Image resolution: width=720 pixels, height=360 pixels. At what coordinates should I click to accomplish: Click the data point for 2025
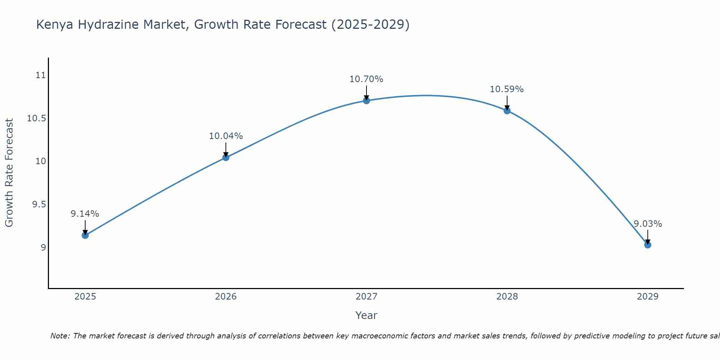pos(85,235)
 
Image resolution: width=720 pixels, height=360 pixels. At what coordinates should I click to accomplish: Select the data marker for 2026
pos(226,157)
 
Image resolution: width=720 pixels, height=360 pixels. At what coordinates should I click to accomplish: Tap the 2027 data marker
pos(366,100)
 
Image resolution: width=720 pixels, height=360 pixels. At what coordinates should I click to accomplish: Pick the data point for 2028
pos(507,111)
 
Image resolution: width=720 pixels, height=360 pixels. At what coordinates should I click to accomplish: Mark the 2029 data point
pos(648,245)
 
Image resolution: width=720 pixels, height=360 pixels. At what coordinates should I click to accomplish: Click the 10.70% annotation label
pos(366,79)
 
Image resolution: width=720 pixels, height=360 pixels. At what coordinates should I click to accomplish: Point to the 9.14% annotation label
pos(85,214)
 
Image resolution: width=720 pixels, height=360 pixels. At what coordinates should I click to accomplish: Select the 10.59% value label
pos(507,89)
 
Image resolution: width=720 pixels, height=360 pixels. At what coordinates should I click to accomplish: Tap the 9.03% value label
pos(648,224)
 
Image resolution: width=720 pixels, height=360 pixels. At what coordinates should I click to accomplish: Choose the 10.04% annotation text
pos(226,136)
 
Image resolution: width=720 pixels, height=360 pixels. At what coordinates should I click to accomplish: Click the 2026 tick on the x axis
pos(226,297)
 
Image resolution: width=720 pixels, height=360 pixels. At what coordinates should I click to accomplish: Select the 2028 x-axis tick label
pos(507,297)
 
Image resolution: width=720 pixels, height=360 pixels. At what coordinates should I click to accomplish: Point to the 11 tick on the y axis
pos(41,75)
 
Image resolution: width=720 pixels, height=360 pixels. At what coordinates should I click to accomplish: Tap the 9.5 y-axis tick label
pos(39,204)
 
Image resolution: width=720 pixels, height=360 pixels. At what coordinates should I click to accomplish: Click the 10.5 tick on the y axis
pos(37,118)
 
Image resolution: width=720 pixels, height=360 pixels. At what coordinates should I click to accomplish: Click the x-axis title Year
pos(366,315)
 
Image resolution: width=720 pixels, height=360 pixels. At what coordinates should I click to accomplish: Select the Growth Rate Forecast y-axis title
pos(9,173)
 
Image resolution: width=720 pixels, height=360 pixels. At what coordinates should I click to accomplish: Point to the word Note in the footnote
pos(60,336)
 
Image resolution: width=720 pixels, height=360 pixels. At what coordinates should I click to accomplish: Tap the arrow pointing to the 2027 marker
pos(366,93)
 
